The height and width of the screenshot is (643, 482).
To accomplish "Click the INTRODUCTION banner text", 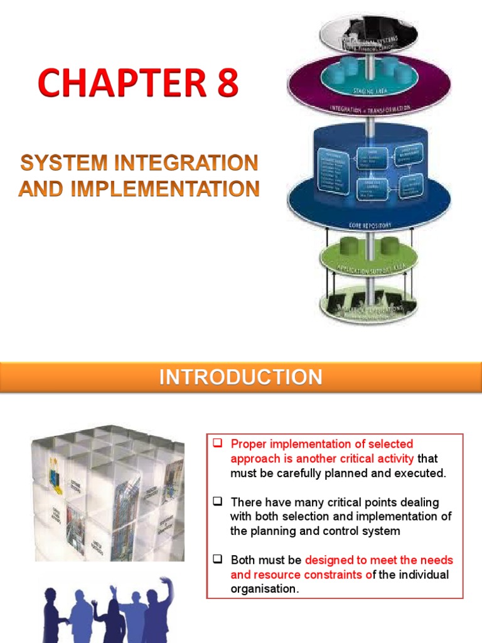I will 240,377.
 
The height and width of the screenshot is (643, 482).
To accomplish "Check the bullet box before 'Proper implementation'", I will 218,444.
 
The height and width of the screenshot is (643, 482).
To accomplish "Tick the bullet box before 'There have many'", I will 218,502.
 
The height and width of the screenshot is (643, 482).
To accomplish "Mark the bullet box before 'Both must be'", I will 218,559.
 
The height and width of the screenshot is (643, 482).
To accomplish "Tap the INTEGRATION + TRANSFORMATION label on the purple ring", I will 371,109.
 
